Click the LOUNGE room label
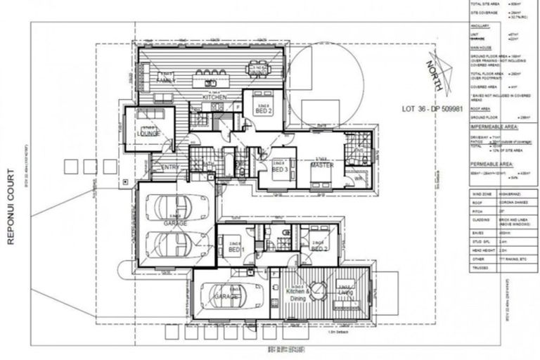(148, 133)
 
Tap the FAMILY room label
(166, 81)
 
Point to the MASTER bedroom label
(322, 165)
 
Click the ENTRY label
(169, 167)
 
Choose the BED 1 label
(236, 250)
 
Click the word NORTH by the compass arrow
(432, 75)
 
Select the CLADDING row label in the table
(481, 219)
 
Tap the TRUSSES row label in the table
(482, 267)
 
